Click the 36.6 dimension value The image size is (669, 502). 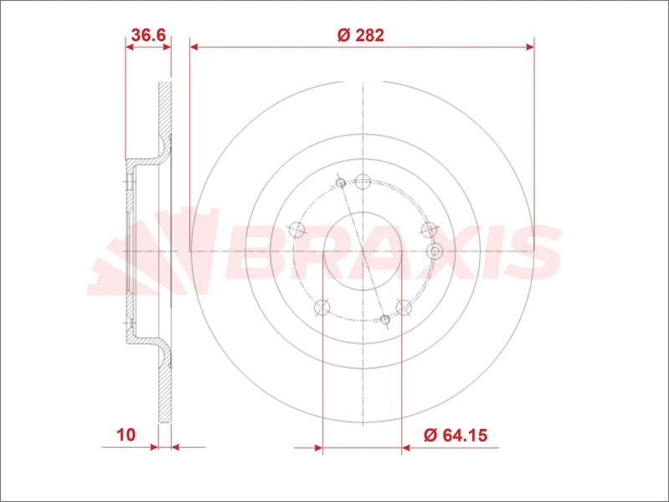click(147, 34)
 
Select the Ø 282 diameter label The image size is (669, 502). click(360, 34)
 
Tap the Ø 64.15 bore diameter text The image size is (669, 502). click(455, 435)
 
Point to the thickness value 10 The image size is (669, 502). click(126, 435)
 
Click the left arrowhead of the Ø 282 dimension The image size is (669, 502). click(195, 48)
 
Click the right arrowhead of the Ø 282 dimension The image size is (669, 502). click(529, 48)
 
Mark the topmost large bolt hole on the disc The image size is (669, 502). click(363, 181)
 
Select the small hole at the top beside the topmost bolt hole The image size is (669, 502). click(340, 183)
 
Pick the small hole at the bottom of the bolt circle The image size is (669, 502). click(385, 320)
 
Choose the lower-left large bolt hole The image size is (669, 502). click(320, 307)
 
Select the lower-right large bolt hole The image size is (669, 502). click(403, 307)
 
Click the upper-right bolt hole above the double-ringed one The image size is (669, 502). click(430, 229)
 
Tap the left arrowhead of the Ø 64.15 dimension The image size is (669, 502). click(318, 448)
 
